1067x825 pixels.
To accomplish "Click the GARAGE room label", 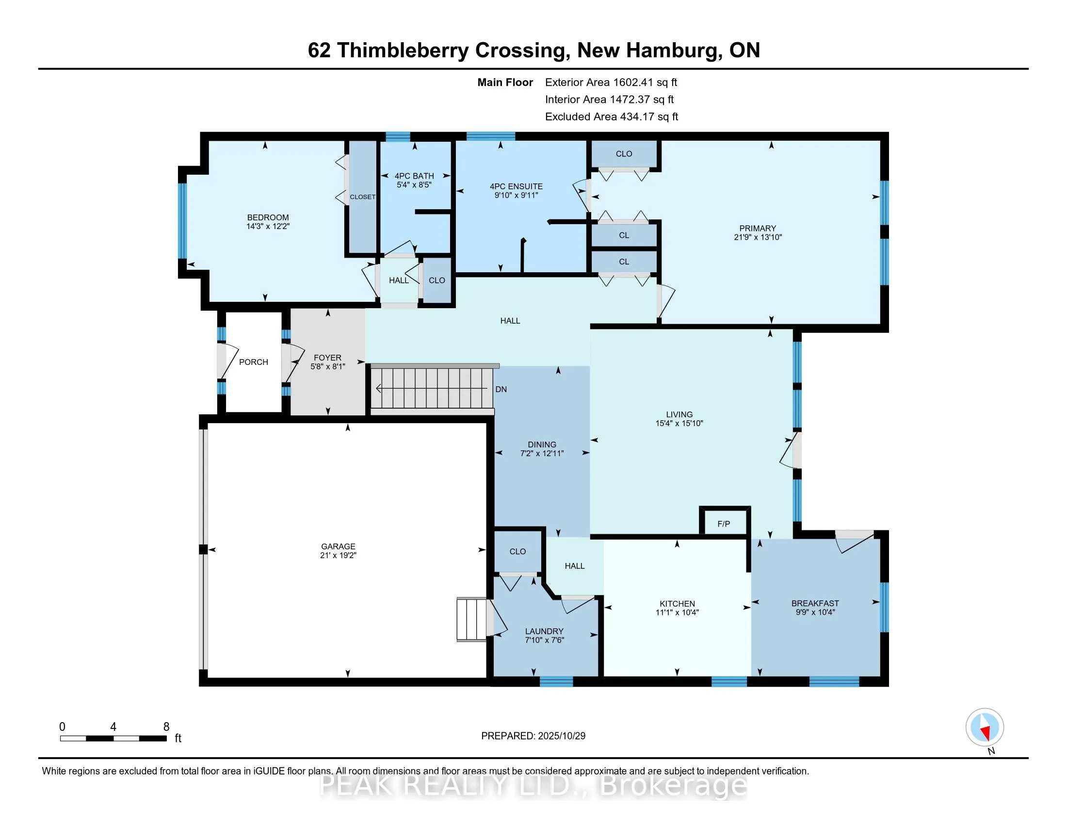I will (338, 546).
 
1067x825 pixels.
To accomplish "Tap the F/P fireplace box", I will (724, 524).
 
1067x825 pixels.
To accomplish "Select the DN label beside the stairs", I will (501, 390).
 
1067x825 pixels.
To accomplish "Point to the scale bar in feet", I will (113, 738).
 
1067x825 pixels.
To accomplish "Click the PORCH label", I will (254, 362).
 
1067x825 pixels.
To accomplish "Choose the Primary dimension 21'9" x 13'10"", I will (758, 237).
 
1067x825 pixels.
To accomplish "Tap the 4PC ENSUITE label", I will (516, 186).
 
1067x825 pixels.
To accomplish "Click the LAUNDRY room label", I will (544, 631).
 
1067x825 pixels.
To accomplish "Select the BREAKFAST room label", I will (815, 603).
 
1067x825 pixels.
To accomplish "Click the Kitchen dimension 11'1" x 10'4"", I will (677, 612).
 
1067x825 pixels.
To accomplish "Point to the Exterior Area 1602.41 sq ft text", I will (611, 82).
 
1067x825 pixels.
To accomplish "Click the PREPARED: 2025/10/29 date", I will (533, 736).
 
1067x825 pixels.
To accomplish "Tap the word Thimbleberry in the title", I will (402, 50).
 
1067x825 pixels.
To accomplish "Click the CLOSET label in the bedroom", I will (362, 197).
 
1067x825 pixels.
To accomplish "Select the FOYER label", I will (327, 358).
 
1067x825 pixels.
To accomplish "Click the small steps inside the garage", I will (471, 619).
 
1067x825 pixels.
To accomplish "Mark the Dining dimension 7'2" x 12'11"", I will (542, 454).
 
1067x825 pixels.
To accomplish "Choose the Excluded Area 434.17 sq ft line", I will (611, 117).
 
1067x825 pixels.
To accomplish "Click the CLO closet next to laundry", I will (517, 551).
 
